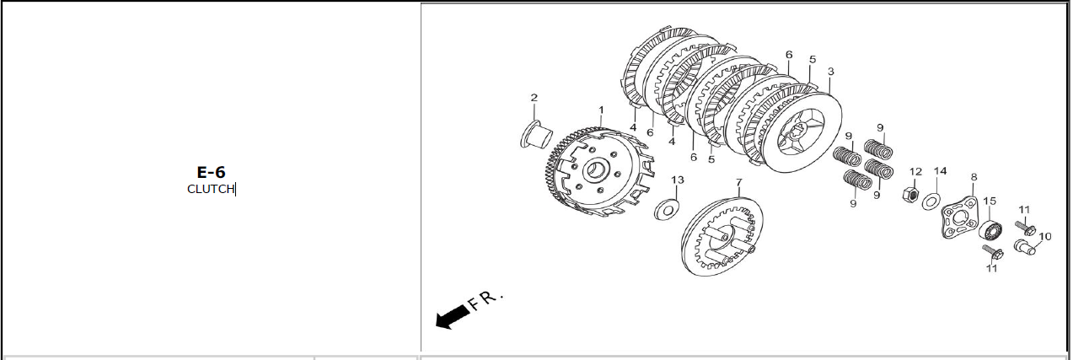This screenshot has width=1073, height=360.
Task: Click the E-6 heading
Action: pyautogui.click(x=211, y=172)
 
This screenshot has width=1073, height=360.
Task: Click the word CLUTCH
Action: pyautogui.click(x=211, y=189)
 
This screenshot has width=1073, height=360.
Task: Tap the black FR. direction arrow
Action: pyautogui.click(x=452, y=317)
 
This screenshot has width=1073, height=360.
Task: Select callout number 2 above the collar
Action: pyautogui.click(x=534, y=98)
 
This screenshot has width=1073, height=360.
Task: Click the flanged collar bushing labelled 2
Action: pyautogui.click(x=536, y=135)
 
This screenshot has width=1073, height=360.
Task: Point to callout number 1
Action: pyautogui.click(x=601, y=110)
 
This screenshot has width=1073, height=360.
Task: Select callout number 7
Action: pyautogui.click(x=738, y=183)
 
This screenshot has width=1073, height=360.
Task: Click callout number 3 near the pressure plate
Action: pyautogui.click(x=830, y=72)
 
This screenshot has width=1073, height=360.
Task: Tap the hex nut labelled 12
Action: pyautogui.click(x=910, y=195)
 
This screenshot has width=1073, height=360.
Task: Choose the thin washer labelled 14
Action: pyautogui.click(x=931, y=201)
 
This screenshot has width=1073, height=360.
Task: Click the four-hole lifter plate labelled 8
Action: pyautogui.click(x=959, y=218)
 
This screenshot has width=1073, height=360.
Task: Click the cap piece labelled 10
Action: pyautogui.click(x=1023, y=247)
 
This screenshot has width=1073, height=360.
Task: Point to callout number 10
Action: pyautogui.click(x=1044, y=237)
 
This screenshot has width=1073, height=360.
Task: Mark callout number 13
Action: pyautogui.click(x=678, y=180)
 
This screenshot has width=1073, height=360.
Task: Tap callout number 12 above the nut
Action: pyautogui.click(x=915, y=172)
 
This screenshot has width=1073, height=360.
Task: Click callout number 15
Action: pyautogui.click(x=990, y=201)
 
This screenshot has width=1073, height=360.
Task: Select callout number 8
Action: pyautogui.click(x=974, y=177)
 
